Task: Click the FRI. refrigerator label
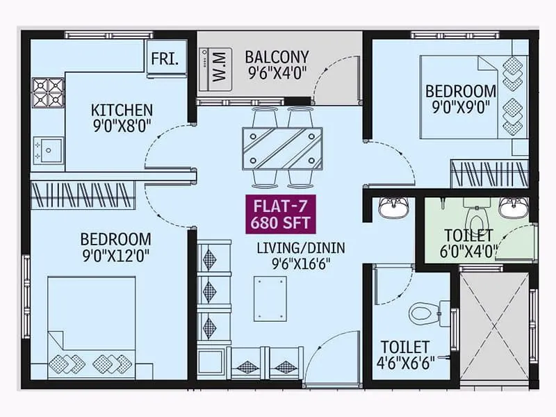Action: point(166,58)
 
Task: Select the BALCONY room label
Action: point(277,56)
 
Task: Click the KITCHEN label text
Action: point(122,110)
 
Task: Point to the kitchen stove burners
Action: point(48,92)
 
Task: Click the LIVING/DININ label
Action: point(300,247)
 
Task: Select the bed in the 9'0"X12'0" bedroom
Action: point(92,327)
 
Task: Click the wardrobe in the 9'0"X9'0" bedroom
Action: point(489,173)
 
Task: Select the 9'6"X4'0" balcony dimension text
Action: point(277,72)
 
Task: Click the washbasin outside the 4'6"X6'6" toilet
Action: point(393,208)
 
